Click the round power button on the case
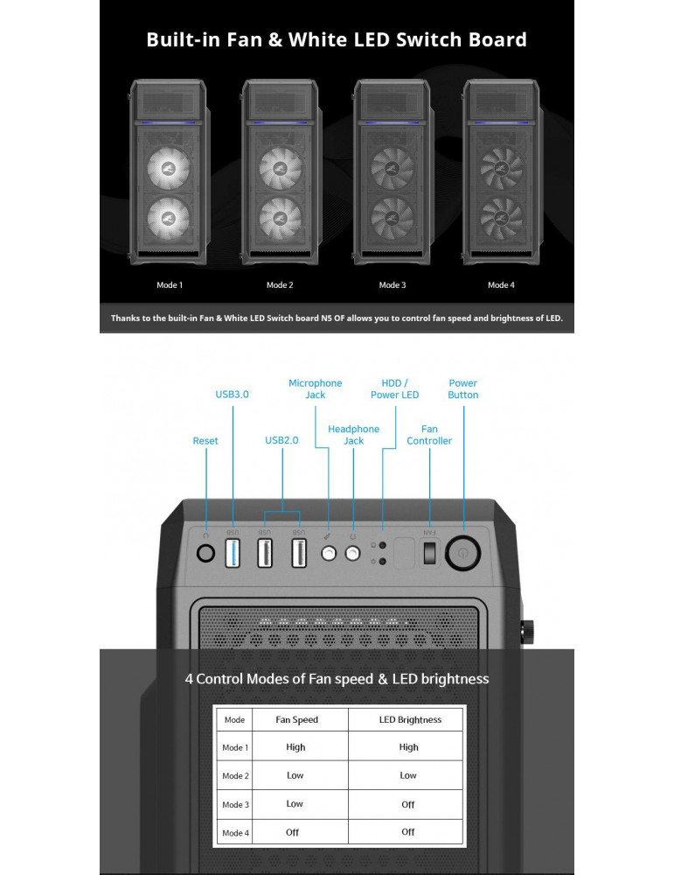pyautogui.click(x=462, y=553)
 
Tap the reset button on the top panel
pyautogui.click(x=205, y=553)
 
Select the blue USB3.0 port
pyautogui.click(x=233, y=554)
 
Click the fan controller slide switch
pyautogui.click(x=428, y=552)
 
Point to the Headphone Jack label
pyautogui.click(x=353, y=435)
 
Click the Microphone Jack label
pyautogui.click(x=315, y=389)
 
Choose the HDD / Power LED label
pyautogui.click(x=395, y=389)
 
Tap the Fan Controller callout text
pyautogui.click(x=429, y=435)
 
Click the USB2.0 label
pyautogui.click(x=281, y=440)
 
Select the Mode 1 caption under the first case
pyautogui.click(x=170, y=285)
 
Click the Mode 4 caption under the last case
pyautogui.click(x=501, y=285)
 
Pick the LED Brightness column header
pyautogui.click(x=410, y=720)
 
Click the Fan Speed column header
pyautogui.click(x=296, y=720)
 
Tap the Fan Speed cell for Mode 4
pyautogui.click(x=292, y=833)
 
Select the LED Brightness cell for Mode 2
pyautogui.click(x=408, y=775)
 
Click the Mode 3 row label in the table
pyautogui.click(x=235, y=805)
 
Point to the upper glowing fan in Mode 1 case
pyautogui.click(x=168, y=167)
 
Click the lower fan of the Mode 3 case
pyautogui.click(x=393, y=218)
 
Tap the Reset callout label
pyautogui.click(x=205, y=441)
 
